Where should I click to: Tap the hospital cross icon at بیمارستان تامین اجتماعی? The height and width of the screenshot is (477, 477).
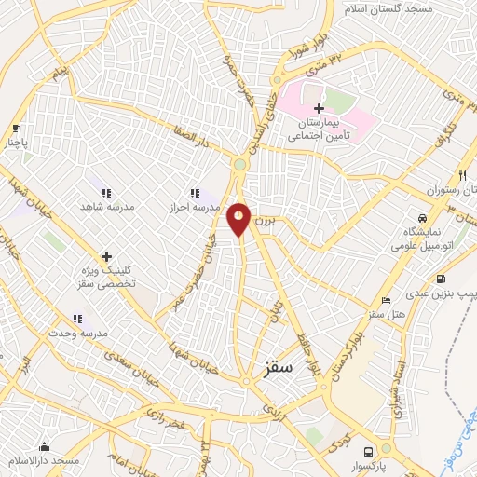pos(320,109)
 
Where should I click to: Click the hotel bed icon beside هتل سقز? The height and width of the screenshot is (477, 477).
pos(387,300)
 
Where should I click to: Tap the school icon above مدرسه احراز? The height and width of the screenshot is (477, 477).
pos(194,192)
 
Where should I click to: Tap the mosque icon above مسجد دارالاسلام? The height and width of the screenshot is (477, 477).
pos(44,447)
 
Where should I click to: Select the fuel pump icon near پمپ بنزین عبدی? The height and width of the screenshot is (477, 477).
pos(441,279)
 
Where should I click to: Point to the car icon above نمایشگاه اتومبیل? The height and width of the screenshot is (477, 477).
pos(422,217)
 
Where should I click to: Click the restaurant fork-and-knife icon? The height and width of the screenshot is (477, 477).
pos(461,175)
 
